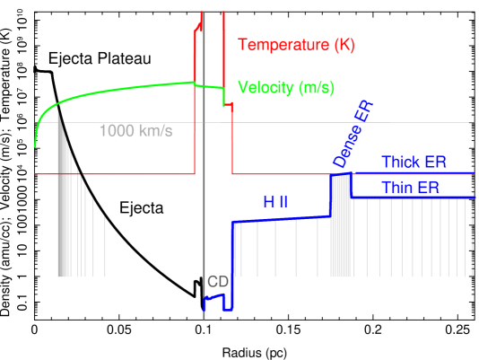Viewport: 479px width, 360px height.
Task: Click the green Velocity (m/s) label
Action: [286, 87]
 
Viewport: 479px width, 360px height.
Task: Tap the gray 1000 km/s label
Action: [135, 132]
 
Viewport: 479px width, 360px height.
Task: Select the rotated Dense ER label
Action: [353, 135]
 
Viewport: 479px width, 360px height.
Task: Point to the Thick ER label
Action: [414, 162]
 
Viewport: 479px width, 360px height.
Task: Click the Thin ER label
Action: [410, 188]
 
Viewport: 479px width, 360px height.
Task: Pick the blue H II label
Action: [275, 203]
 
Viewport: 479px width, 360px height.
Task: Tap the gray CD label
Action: [218, 281]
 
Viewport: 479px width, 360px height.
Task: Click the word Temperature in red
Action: [274, 44]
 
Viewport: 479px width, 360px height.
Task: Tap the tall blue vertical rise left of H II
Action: [232, 260]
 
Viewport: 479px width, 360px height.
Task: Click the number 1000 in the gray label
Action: [117, 132]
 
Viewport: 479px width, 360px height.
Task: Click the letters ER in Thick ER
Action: [437, 162]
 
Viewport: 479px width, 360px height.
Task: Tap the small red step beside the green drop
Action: [231, 106]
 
